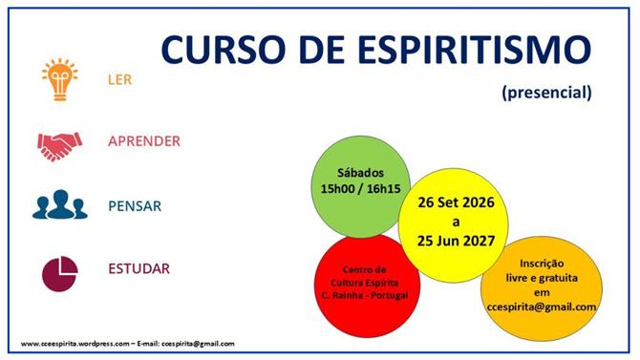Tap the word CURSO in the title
(223, 50)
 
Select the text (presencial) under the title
(546, 93)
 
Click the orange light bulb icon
(60, 79)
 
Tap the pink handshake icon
(59, 146)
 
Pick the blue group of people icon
(60, 204)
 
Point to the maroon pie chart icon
(60, 273)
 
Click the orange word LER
(120, 79)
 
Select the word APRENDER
(144, 141)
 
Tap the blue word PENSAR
(135, 206)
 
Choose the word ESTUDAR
(139, 268)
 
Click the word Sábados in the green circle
(360, 173)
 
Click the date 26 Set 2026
(456, 202)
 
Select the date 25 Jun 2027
(456, 241)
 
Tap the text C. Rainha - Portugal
(365, 295)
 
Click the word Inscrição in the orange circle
(542, 264)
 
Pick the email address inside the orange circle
(542, 307)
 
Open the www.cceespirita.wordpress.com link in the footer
(75, 344)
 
